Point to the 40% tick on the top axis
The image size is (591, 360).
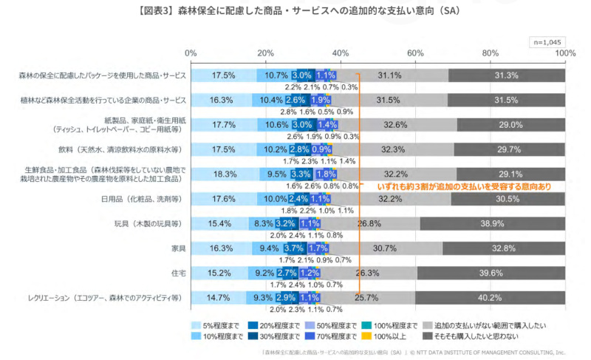tap(341, 53)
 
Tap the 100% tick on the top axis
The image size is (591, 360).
tap(565, 53)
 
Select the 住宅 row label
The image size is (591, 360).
tap(178, 273)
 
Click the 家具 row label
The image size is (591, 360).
tap(178, 248)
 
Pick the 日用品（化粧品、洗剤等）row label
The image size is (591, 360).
tap(146, 199)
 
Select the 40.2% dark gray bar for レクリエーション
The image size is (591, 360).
tap(490, 298)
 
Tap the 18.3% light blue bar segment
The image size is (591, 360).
tap(224, 174)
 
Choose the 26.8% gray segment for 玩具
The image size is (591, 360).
tap(369, 223)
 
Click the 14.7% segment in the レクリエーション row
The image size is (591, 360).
tap(217, 298)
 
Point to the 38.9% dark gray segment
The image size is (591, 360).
tap(492, 223)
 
